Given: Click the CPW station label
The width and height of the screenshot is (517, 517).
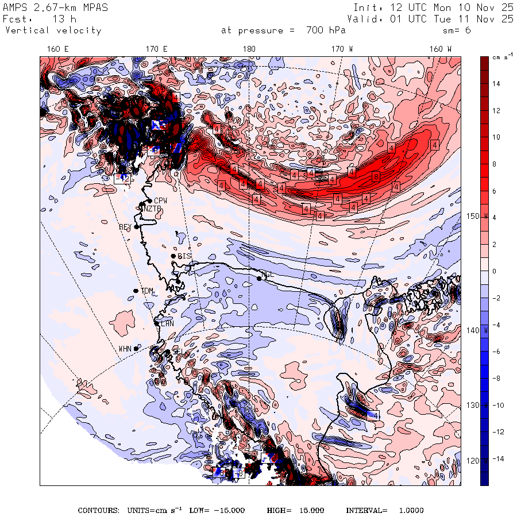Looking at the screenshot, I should coord(160,201).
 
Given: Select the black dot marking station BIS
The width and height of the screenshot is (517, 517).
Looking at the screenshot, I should coord(173,256).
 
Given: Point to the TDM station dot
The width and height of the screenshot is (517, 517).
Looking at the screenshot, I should coord(136,291).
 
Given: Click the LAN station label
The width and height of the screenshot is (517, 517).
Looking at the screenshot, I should coord(167,324).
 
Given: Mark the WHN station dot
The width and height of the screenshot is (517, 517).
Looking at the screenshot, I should coord(136,348).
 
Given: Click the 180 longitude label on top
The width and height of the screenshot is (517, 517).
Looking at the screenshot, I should coord(249,49).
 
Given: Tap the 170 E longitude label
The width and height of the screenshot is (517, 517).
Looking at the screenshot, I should coord(157,49).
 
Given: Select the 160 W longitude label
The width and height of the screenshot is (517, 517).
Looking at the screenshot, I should coord(441,49).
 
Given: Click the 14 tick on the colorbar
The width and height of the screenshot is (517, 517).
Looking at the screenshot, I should coord(496,84).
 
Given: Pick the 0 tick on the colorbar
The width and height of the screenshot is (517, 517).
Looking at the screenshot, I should coord(494,271).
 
